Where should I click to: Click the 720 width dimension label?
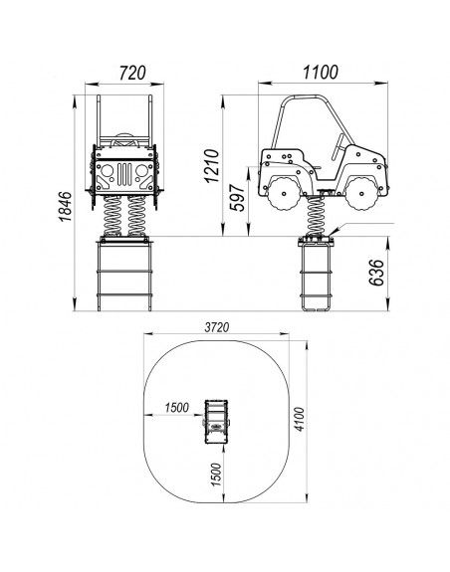pos(132,73)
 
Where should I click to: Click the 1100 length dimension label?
pos(321,73)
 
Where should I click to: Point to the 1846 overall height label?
pos(66,207)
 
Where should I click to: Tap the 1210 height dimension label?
pos(212,166)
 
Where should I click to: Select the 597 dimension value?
pos(237,198)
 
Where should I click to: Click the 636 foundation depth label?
pos(376,273)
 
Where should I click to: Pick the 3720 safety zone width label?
pos(217,327)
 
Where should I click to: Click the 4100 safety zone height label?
pos(300,419)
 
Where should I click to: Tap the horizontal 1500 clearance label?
pos(176,408)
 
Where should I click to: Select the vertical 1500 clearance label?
pos(216,475)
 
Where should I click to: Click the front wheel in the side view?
pos(361,192)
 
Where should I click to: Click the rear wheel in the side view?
pos(284,193)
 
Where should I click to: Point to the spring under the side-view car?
pos(316,216)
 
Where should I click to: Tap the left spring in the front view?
pos(112,216)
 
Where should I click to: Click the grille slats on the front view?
pos(124,174)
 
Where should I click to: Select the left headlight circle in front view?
pos(107,171)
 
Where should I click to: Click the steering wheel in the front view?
pos(124,140)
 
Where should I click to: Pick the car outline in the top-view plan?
pos(216,422)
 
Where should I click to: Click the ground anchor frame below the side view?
pos(316,275)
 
